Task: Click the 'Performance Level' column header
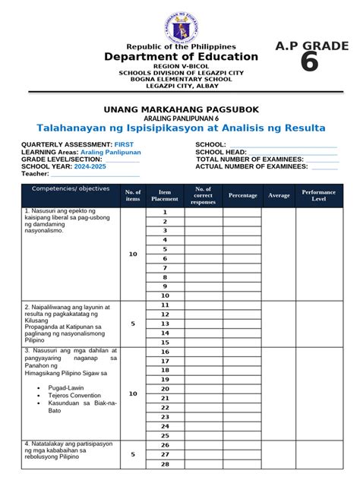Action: tap(319, 195)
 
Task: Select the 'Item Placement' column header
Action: tap(164, 195)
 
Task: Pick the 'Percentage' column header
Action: tap(242, 195)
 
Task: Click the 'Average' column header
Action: tap(279, 195)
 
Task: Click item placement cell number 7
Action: tap(164, 268)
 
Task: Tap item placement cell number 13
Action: tap(164, 324)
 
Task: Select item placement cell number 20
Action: tap(164, 388)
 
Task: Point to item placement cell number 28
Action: tap(164, 464)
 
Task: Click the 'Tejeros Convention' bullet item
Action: tap(74, 395)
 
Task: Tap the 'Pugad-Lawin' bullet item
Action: tap(64, 387)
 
